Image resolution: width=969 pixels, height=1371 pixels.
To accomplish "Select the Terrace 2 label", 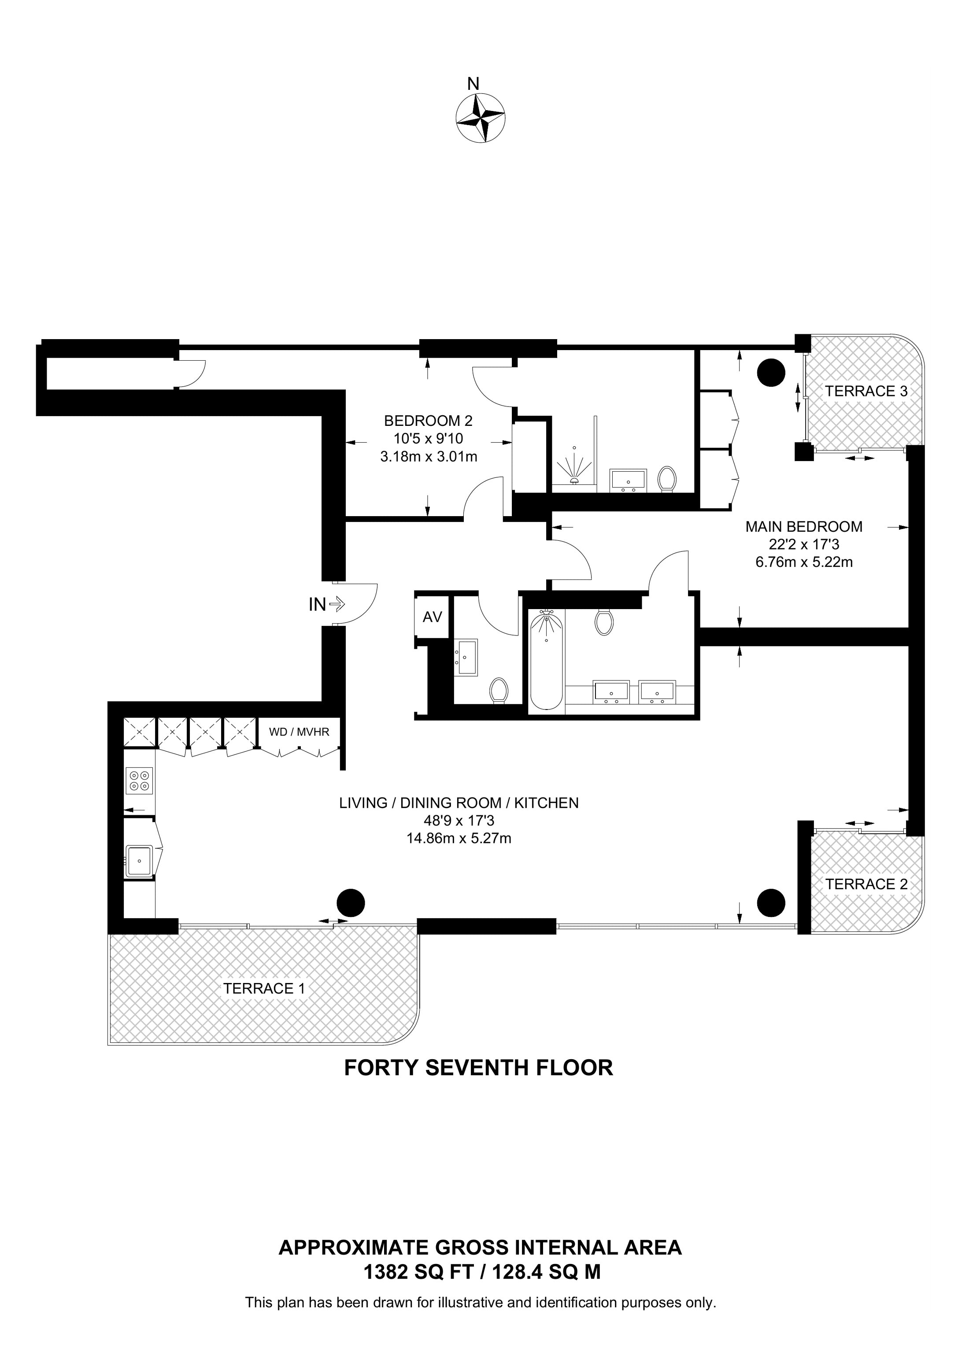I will coord(866,884).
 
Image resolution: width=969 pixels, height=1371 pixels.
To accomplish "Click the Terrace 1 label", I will coord(264,988).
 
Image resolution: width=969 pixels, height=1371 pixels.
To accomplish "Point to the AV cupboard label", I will coord(432,617).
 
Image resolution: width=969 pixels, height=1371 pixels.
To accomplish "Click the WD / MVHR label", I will coord(299,732).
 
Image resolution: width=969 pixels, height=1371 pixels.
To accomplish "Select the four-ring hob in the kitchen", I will coord(140,780).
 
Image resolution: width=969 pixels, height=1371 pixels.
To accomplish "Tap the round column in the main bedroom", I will coord(770,373).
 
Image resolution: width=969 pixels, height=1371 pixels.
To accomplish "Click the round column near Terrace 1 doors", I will coord(351,903).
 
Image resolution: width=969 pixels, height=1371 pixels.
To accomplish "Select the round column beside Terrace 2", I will coord(770,903).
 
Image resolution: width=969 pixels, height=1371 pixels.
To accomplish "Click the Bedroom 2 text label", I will coord(428,421).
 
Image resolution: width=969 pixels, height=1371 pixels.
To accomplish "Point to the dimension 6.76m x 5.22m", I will coord(804,562).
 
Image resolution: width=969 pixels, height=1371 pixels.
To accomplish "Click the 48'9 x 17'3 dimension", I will coord(459,821).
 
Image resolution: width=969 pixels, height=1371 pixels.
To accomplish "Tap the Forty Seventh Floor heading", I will coord(478,1068).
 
